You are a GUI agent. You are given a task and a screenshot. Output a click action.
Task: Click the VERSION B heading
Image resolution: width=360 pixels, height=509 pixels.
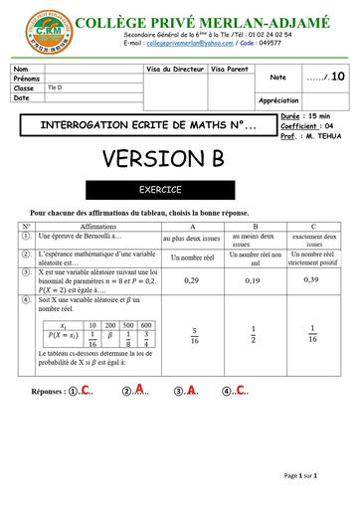click(177, 159)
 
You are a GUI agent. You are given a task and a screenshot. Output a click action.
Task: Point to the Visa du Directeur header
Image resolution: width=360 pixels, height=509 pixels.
click(176, 69)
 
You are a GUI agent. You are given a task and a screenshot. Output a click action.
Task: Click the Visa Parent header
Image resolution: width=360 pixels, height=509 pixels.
click(230, 69)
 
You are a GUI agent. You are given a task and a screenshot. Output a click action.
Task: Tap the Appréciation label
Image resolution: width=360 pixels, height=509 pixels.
click(278, 100)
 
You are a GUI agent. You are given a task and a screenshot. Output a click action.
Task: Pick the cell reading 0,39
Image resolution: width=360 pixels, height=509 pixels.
click(311, 280)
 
